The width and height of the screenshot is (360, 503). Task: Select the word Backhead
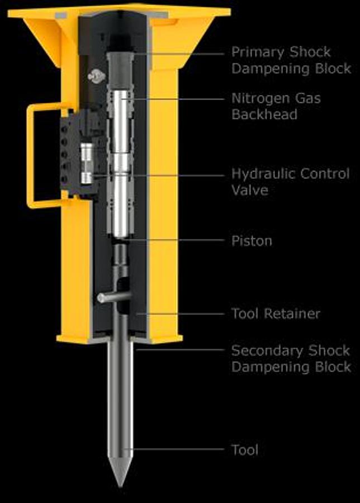[264, 114]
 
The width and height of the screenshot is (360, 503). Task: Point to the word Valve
[250, 190]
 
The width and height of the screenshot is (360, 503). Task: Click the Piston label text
[252, 241]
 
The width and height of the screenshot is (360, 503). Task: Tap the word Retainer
[292, 314]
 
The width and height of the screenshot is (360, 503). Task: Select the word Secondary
[267, 350]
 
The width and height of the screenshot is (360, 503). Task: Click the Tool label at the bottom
[245, 450]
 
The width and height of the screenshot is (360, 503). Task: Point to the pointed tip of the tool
[120, 487]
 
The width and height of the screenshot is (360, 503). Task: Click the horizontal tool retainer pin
[114, 297]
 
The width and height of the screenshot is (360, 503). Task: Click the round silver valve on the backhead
[96, 76]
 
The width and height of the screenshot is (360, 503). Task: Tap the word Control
[325, 174]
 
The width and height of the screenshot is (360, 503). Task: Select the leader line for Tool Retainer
[179, 314]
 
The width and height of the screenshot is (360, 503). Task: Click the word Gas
[307, 99]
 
